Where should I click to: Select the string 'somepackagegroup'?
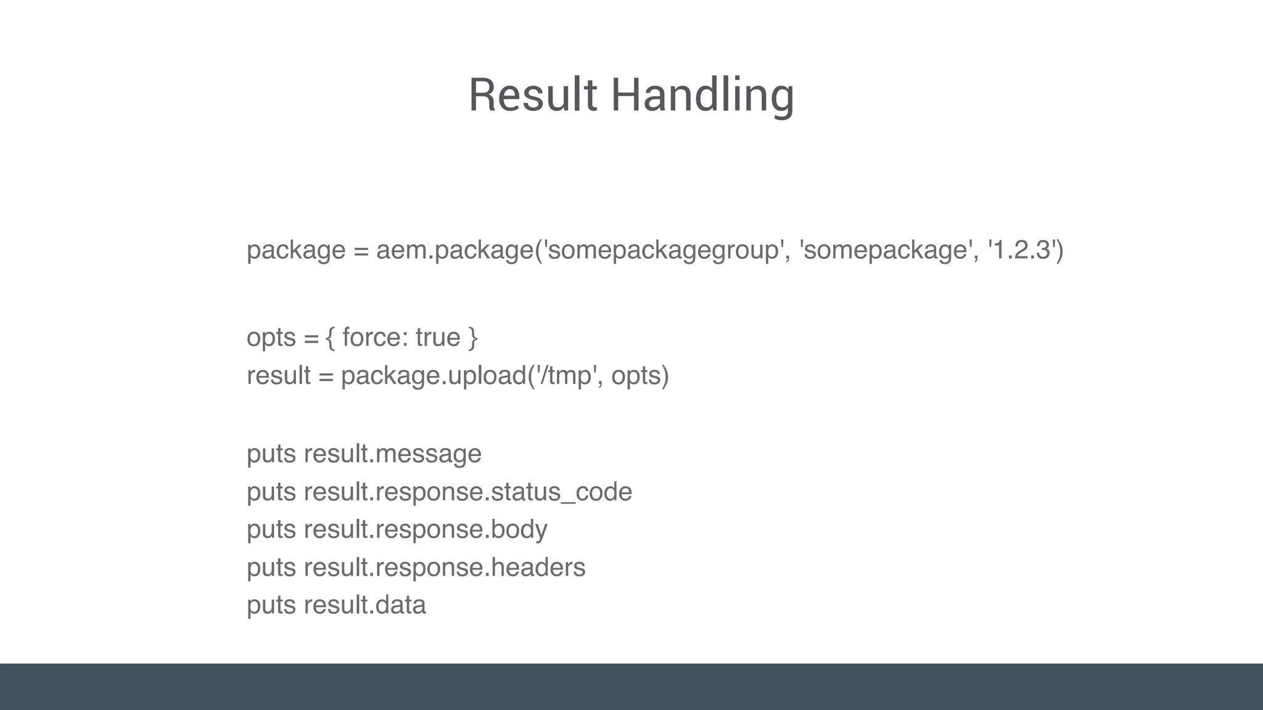(662, 250)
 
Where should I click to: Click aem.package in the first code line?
(455, 250)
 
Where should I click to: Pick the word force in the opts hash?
(371, 338)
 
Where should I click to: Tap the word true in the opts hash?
(438, 338)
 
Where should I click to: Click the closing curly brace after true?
(473, 338)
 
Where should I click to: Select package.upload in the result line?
(434, 376)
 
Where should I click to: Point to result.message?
(393, 454)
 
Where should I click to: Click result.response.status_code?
(468, 492)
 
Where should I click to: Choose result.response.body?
(426, 530)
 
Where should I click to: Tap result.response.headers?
(445, 568)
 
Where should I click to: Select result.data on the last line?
(365, 605)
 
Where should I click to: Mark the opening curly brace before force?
(331, 338)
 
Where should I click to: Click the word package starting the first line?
(296, 250)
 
